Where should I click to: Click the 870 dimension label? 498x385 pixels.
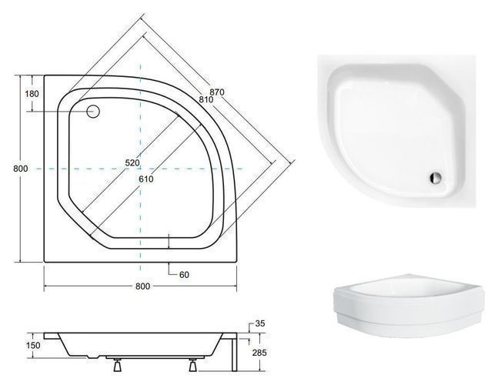click(x=218, y=92)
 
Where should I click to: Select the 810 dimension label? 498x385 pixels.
click(x=206, y=99)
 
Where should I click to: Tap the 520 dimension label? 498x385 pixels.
click(x=132, y=162)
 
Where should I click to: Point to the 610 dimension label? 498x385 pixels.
click(x=146, y=179)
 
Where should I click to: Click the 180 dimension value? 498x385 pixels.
click(x=32, y=94)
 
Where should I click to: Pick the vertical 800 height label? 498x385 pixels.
click(x=20, y=169)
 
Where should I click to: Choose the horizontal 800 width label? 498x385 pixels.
click(x=142, y=286)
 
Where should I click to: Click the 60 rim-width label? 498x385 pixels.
click(x=184, y=274)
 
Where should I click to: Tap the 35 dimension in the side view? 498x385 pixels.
click(x=260, y=323)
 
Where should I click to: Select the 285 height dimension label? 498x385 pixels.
click(x=259, y=353)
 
